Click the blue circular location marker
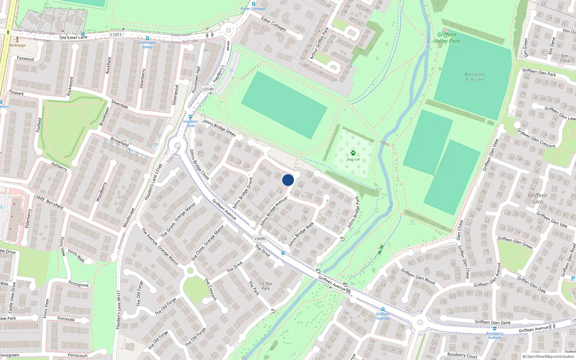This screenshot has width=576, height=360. point(288,180)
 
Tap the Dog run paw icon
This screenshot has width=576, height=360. point(353,153)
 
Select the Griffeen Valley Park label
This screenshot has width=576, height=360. point(447,38)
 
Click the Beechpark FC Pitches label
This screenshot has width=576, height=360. point(474,77)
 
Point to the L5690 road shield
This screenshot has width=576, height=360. point(260,239)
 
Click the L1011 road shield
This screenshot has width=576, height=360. point(116,35)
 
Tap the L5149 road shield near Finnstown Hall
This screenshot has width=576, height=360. point(208,89)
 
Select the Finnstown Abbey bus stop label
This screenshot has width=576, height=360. point(147,45)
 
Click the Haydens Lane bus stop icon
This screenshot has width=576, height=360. point(190,117)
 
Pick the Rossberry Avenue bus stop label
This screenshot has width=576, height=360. point(495,335)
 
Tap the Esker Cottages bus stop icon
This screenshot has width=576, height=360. point(253,4)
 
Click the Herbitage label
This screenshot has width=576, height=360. point(17,45)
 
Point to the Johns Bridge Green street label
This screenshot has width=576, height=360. point(219,128)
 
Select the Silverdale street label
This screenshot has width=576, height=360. point(120,104)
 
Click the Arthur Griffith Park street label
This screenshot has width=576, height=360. point(320,43)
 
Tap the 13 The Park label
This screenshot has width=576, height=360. point(266,286)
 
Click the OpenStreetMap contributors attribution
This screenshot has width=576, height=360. point(548,357)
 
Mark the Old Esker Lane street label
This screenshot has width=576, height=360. point(73,37)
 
